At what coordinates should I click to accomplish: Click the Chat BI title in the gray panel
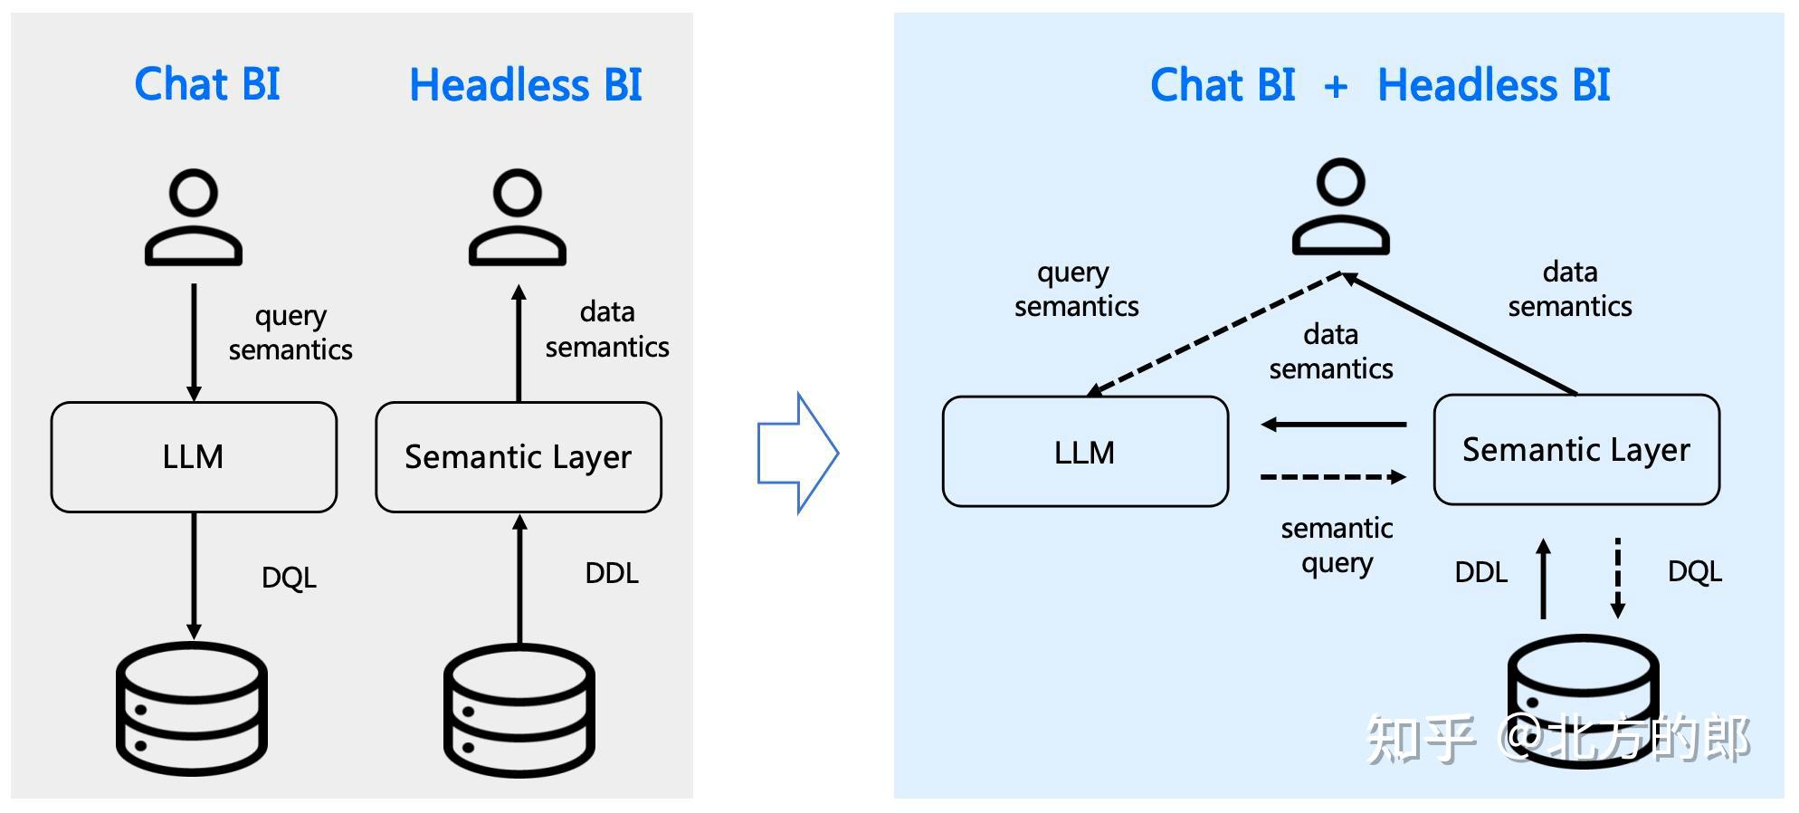[x=207, y=84]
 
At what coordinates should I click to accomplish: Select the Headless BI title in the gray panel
[x=525, y=85]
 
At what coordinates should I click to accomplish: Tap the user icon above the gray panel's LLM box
[x=194, y=216]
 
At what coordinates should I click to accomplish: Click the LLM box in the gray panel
[x=194, y=456]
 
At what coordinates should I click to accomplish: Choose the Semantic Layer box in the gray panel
[x=519, y=456]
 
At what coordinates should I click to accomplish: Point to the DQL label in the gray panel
[x=289, y=577]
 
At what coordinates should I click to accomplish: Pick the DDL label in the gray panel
[x=612, y=573]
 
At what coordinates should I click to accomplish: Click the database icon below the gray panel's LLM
[x=192, y=708]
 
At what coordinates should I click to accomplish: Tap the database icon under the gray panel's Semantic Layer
[x=519, y=710]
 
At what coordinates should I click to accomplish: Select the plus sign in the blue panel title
[x=1336, y=87]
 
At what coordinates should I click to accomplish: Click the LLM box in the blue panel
[x=1085, y=451]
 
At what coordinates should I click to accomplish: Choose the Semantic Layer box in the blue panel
[x=1576, y=449]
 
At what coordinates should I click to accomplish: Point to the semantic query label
[x=1337, y=545]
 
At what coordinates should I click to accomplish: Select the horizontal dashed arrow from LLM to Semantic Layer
[x=1333, y=476]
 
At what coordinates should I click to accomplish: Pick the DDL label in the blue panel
[x=1480, y=572]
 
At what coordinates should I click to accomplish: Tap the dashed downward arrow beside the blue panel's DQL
[x=1618, y=578]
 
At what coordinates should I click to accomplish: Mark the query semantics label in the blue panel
[x=1076, y=289]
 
